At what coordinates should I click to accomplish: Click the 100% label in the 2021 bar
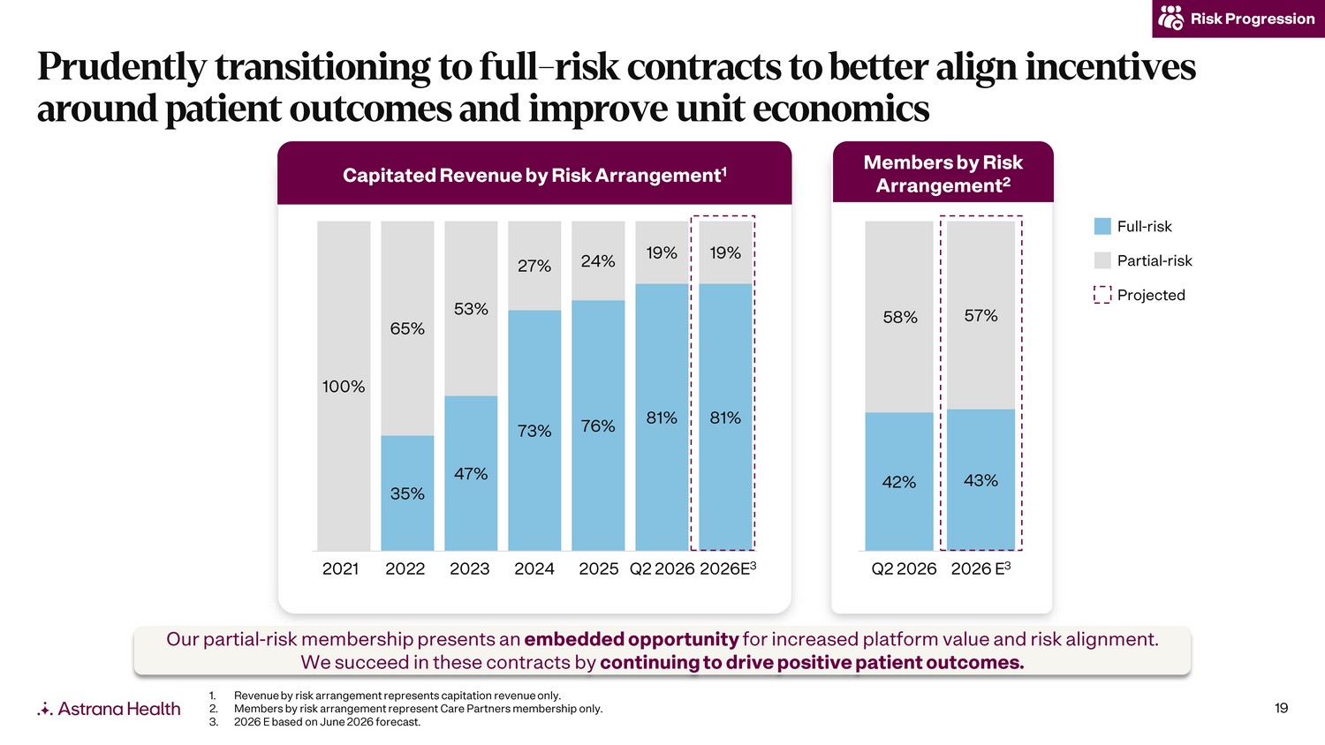343,387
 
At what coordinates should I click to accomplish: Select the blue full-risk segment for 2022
407,493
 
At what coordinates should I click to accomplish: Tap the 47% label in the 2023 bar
471,474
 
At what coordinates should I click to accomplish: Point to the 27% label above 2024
534,266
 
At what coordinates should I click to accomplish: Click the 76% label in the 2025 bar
598,425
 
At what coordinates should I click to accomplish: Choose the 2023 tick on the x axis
470,568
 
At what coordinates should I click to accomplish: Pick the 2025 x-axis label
598,568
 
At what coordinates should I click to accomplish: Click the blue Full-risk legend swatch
1102,227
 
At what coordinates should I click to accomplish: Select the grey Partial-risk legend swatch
1102,260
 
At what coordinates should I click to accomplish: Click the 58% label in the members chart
900,318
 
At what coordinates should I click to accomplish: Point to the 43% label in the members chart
980,480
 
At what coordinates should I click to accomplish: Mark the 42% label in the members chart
899,483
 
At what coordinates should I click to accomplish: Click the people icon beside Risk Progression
1170,18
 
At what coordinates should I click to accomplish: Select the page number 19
1281,708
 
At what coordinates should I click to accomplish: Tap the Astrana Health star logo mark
45,709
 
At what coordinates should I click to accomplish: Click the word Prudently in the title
122,67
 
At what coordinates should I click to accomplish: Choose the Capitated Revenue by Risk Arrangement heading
534,175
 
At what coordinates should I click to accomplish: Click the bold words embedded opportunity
632,639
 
